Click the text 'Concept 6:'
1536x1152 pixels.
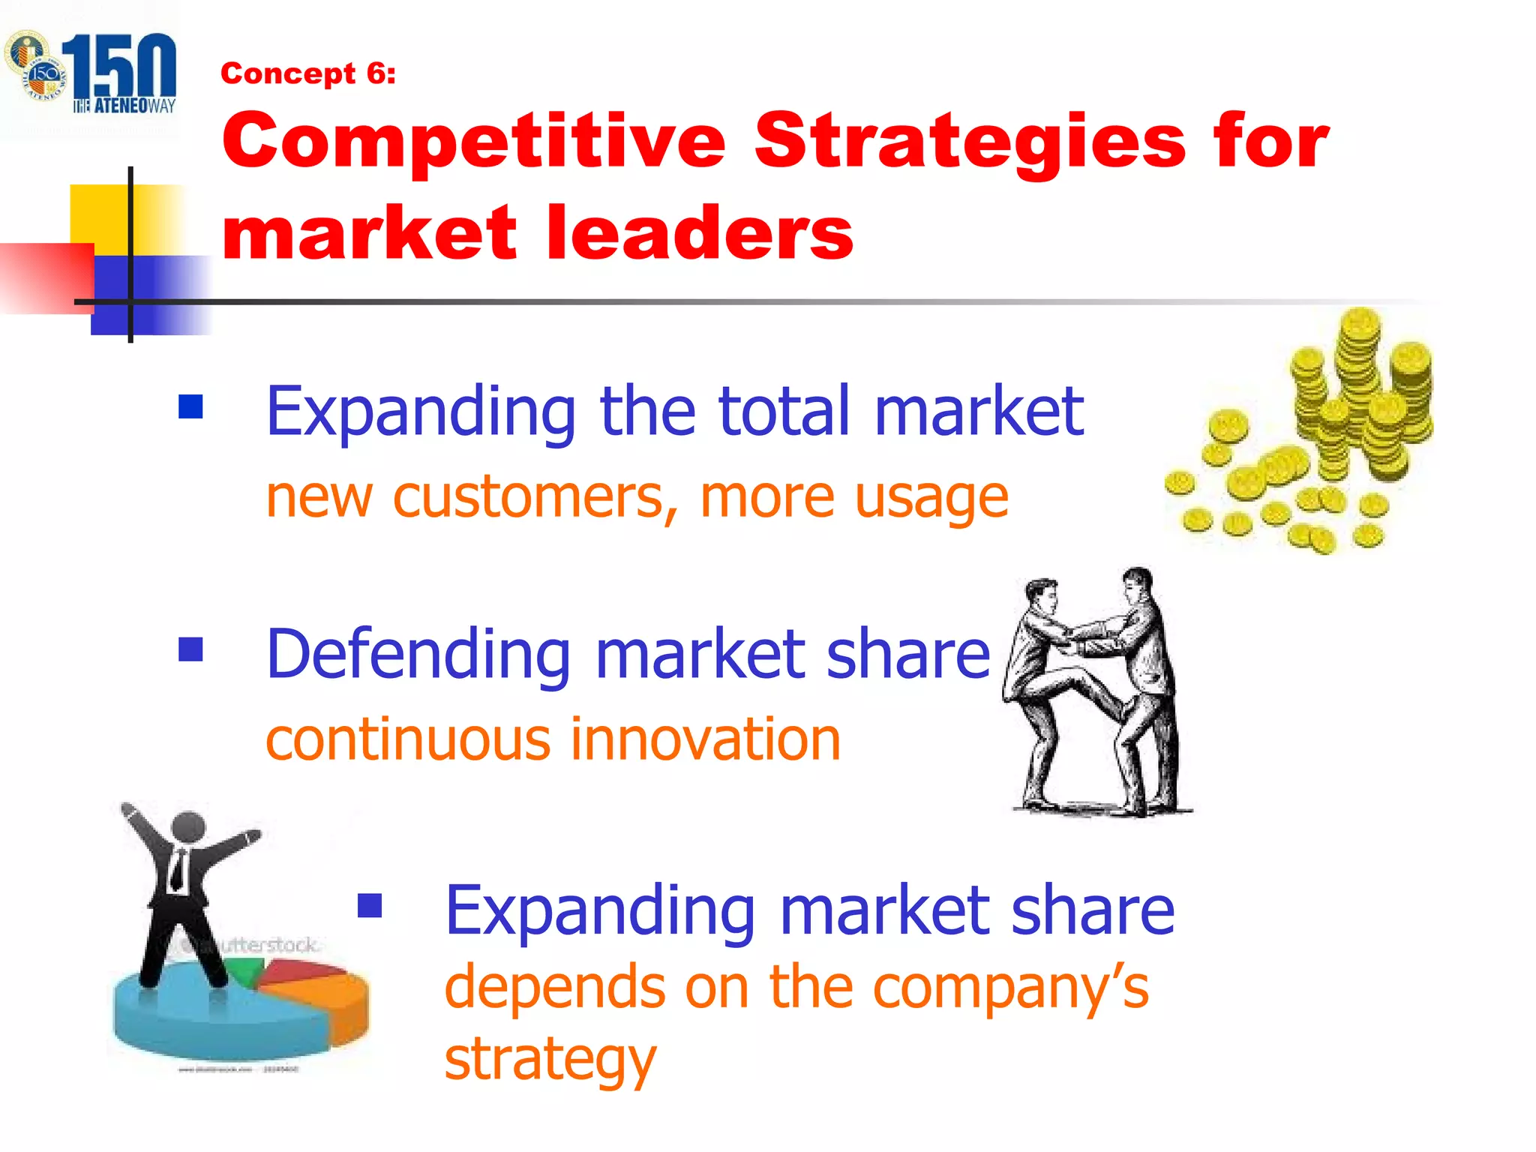coord(307,73)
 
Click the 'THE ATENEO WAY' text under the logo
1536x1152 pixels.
coord(124,106)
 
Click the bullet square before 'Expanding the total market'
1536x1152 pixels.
coord(190,406)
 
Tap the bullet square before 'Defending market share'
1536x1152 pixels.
coord(190,649)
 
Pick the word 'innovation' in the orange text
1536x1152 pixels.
coord(705,740)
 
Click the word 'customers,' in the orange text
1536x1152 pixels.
coord(535,498)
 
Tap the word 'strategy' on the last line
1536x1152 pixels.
coord(550,1059)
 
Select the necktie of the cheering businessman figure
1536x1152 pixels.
coord(178,870)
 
